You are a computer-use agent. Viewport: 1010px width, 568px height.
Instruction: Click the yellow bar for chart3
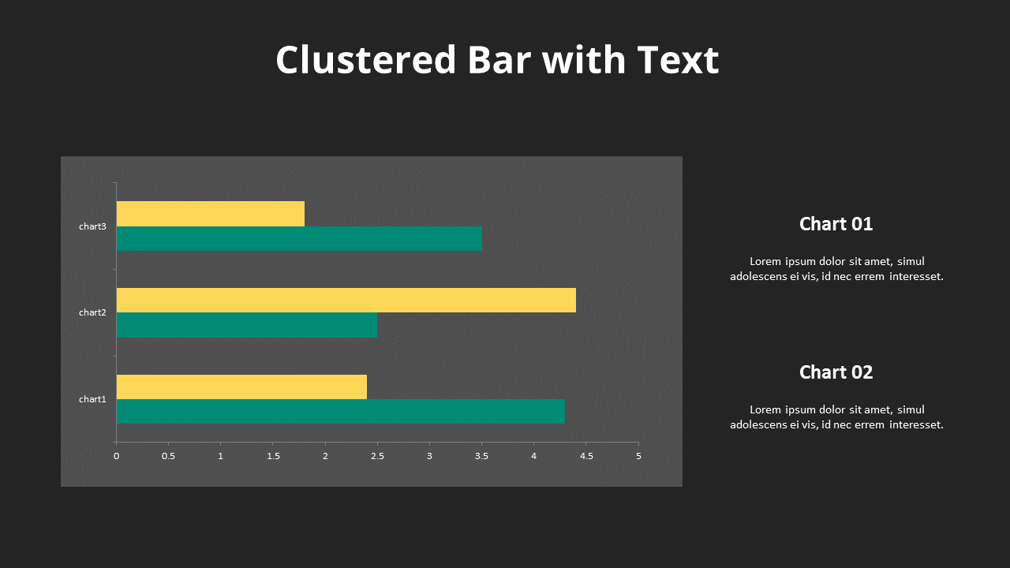click(210, 214)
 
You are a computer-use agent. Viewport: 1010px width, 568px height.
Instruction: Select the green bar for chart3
click(299, 239)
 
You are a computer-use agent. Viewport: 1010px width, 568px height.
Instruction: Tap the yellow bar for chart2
click(346, 300)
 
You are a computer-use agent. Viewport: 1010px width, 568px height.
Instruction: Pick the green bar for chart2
click(246, 325)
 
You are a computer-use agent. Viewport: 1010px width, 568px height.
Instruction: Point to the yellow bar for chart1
click(241, 387)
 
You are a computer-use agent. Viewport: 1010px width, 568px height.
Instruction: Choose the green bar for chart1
click(340, 412)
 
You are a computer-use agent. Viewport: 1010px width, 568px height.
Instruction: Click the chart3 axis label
click(92, 226)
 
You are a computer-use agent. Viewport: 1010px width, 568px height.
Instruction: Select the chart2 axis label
click(92, 312)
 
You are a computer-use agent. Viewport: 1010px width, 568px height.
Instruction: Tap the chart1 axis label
click(92, 399)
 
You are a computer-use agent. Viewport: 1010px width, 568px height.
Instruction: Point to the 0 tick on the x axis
click(116, 456)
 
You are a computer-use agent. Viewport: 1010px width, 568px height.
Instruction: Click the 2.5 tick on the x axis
click(377, 456)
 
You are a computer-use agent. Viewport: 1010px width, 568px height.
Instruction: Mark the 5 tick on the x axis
click(638, 456)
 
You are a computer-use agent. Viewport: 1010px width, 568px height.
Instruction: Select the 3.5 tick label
click(481, 456)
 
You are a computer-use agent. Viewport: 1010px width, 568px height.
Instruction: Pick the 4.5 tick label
click(586, 456)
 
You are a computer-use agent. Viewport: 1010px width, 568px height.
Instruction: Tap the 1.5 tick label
click(272, 456)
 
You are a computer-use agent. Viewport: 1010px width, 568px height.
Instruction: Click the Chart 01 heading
click(836, 224)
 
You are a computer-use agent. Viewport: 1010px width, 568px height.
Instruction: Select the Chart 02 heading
click(836, 372)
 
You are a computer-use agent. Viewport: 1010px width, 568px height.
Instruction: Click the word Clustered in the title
click(365, 60)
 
